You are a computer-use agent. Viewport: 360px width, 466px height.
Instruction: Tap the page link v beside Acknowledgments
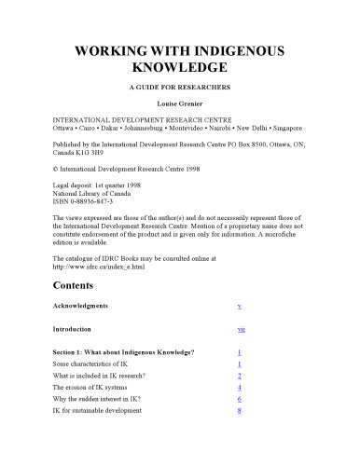tap(241, 306)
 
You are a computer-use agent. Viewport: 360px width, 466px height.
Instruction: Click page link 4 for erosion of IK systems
tap(240, 386)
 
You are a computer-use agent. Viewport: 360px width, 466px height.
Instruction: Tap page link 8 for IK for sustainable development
tap(240, 410)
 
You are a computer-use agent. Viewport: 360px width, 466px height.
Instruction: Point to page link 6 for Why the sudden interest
tap(240, 398)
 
